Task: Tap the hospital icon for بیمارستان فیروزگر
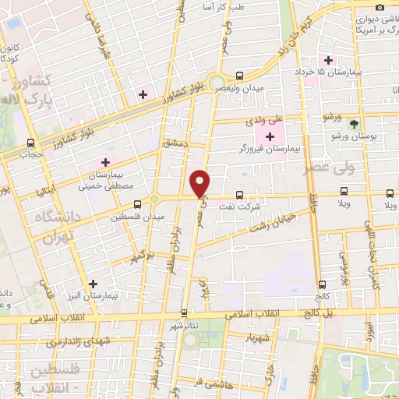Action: [x=270, y=137]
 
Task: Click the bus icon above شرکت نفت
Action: [x=238, y=195]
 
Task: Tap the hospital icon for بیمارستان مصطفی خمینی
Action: [x=105, y=162]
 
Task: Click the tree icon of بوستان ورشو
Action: [x=354, y=124]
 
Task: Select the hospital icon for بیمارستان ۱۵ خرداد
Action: [x=330, y=60]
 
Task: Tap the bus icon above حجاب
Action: [x=31, y=143]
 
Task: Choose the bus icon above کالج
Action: [x=322, y=285]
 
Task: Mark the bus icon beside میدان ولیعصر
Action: [x=238, y=76]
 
